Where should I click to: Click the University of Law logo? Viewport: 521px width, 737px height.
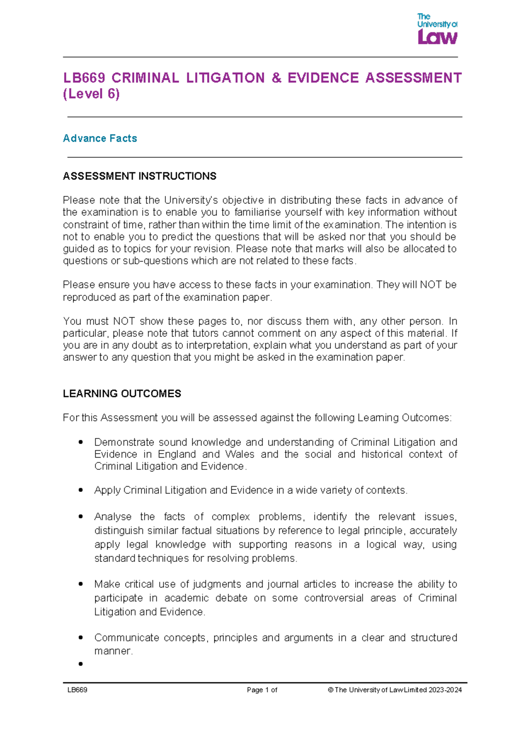(437, 29)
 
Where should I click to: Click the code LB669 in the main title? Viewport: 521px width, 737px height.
(84, 78)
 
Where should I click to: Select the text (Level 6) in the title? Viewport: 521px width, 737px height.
(91, 94)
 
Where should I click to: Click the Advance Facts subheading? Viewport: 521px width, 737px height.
(100, 138)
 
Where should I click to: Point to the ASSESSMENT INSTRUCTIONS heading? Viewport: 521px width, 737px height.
(139, 176)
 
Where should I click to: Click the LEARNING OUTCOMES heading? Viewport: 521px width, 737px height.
(122, 394)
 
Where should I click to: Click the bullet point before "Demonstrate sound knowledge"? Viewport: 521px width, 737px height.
(81, 442)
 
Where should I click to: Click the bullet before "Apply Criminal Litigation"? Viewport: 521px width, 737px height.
(81, 490)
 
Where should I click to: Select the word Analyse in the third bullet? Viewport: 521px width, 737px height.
(112, 517)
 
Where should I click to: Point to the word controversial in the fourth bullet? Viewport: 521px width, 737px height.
(333, 598)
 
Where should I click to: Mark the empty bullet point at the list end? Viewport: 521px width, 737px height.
(81, 664)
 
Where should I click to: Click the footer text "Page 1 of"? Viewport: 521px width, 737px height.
(262, 690)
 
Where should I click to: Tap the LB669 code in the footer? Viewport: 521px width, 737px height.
(77, 690)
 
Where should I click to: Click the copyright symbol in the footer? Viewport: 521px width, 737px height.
(330, 690)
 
